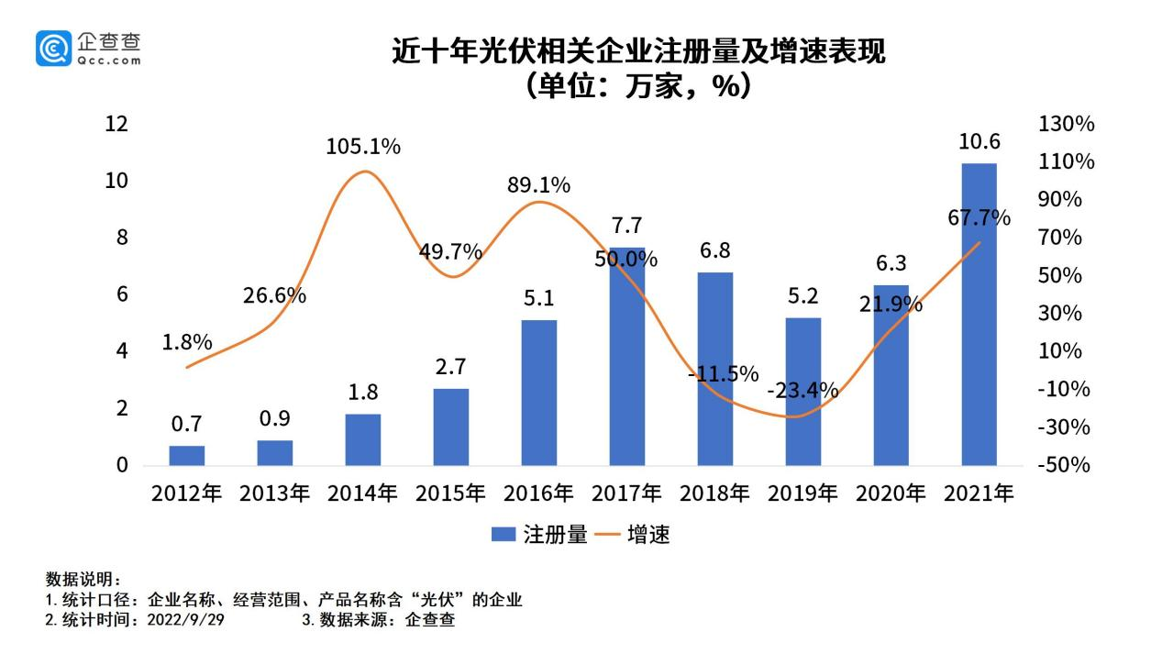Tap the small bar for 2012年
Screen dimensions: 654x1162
[186, 455]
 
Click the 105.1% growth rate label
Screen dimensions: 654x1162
[363, 147]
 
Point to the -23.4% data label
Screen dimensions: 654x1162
[802, 391]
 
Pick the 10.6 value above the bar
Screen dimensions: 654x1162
[979, 142]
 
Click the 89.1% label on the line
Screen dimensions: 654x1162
[538, 185]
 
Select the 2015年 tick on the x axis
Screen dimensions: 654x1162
[450, 493]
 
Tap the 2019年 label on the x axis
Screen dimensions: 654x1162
[802, 493]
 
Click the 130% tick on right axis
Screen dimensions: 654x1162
[1066, 124]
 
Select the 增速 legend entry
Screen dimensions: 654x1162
[632, 535]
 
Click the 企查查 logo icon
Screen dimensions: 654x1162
[53, 48]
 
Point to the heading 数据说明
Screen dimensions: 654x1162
[83, 580]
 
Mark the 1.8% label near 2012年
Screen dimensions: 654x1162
[187, 342]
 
